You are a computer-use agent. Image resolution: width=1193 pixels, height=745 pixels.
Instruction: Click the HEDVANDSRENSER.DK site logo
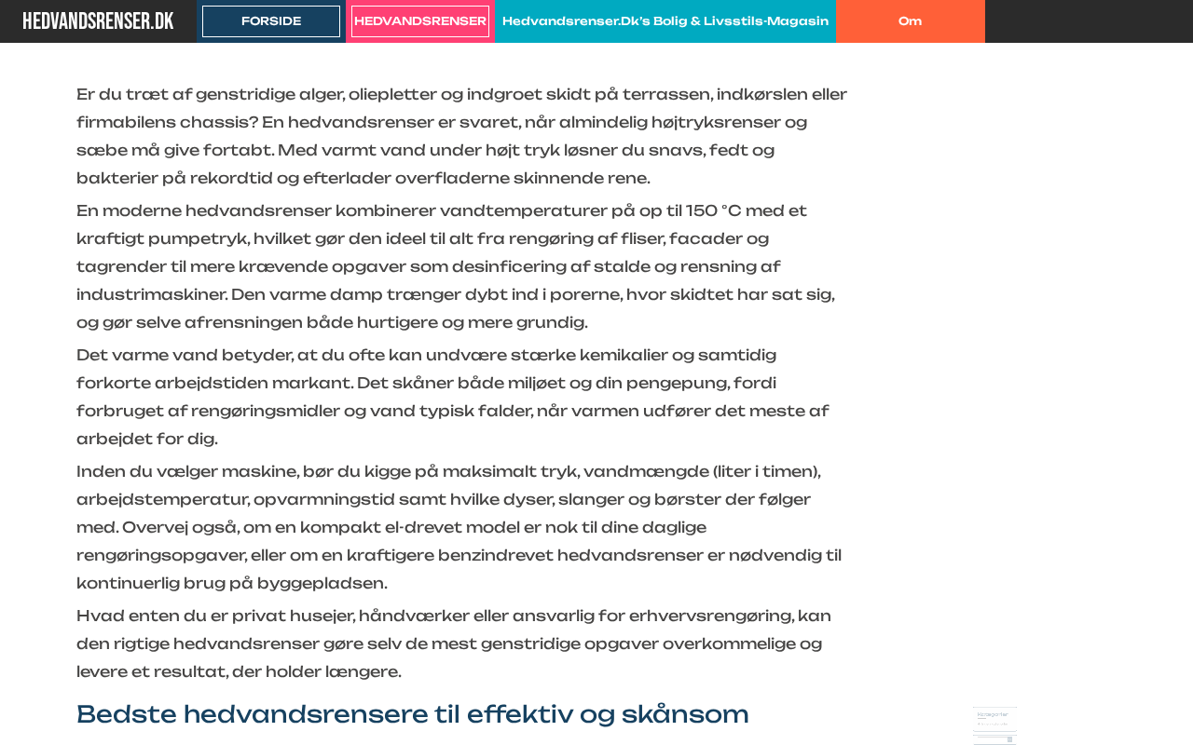coord(98,20)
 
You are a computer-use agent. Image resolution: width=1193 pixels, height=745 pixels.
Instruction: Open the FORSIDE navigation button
coord(271,20)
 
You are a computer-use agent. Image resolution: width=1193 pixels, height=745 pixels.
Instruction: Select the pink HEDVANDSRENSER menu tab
coord(420,20)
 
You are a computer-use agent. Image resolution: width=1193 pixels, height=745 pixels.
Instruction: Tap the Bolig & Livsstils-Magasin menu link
coord(665,20)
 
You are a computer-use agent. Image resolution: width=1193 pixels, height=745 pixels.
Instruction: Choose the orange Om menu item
coord(911,20)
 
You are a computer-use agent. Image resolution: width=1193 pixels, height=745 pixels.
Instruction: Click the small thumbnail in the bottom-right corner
coord(994,725)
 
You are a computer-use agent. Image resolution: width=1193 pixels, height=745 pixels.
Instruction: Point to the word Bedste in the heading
coord(126,714)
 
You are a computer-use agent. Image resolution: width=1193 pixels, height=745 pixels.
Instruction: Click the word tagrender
coord(120,266)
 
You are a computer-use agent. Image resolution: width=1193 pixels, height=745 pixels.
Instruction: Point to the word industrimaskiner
coord(150,294)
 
